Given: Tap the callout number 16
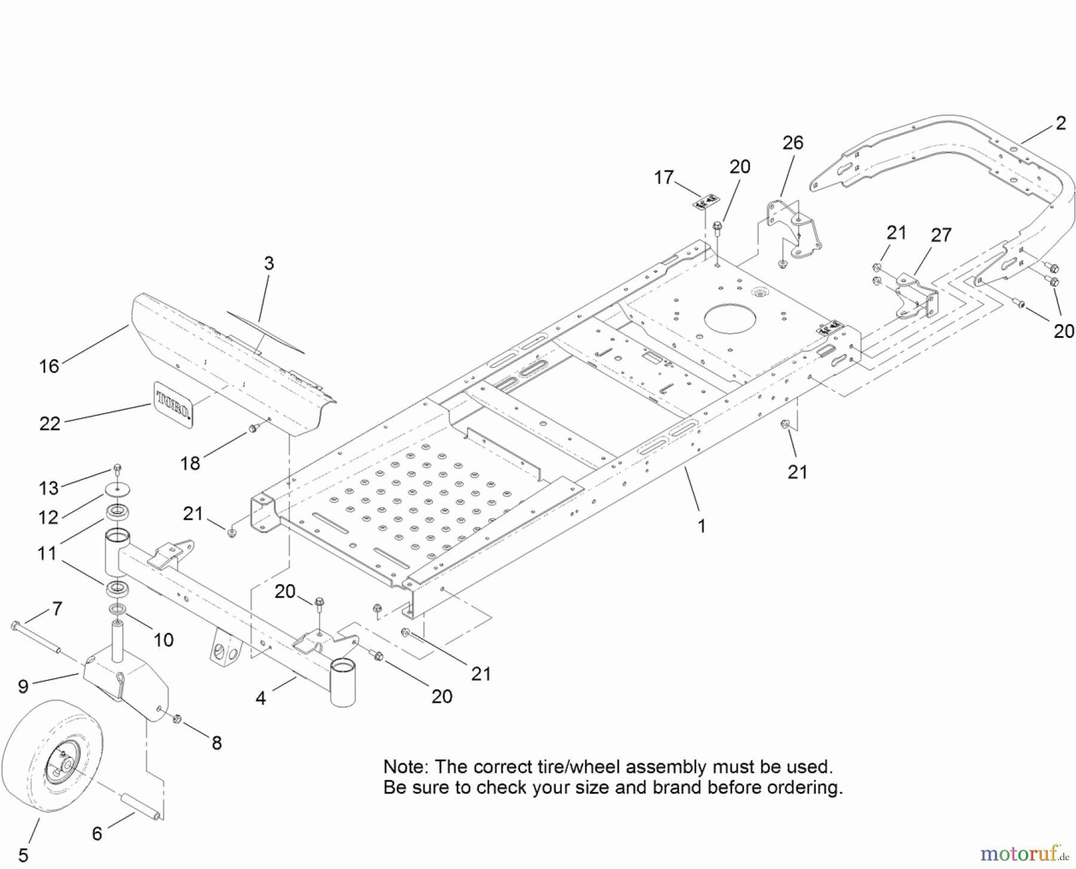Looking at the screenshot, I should pos(49,366).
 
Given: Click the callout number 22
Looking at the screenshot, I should pos(50,424).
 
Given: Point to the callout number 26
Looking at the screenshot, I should pos(793,143).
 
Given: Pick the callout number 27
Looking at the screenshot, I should pos(941,235).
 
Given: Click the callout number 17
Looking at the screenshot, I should pos(664,178).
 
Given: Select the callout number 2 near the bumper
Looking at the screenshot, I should pos(1060,123).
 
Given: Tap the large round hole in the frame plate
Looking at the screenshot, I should pos(730,319).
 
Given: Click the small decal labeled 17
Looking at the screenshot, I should pos(706,202).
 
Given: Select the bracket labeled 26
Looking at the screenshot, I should pos(794,230).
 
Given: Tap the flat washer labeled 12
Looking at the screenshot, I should pos(118,490).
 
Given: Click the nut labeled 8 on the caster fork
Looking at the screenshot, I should pos(177,719).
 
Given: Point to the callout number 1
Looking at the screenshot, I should pos(702,526).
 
